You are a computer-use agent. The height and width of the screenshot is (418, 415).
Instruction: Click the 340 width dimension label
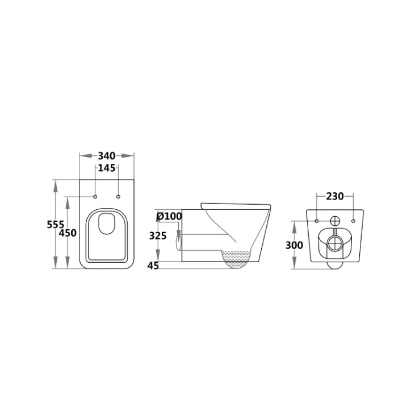pyautogui.click(x=107, y=156)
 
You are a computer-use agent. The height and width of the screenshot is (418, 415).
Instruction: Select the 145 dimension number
pyautogui.click(x=107, y=168)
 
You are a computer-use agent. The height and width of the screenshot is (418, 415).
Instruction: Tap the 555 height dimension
pyautogui.click(x=56, y=225)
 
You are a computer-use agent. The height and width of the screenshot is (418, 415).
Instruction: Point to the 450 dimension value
pyautogui.click(x=68, y=233)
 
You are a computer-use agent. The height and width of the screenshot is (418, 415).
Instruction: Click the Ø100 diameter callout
pyautogui.click(x=169, y=216)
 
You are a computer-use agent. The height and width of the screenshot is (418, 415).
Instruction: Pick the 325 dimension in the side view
pyautogui.click(x=158, y=235)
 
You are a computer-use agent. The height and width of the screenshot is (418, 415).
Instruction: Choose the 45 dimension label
pyautogui.click(x=153, y=266)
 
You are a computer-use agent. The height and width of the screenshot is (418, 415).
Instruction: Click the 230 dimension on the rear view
pyautogui.click(x=335, y=196)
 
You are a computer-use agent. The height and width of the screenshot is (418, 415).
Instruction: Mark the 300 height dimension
pyautogui.click(x=294, y=245)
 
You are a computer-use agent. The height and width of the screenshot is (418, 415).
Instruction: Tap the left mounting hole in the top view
pyautogui.click(x=95, y=197)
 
